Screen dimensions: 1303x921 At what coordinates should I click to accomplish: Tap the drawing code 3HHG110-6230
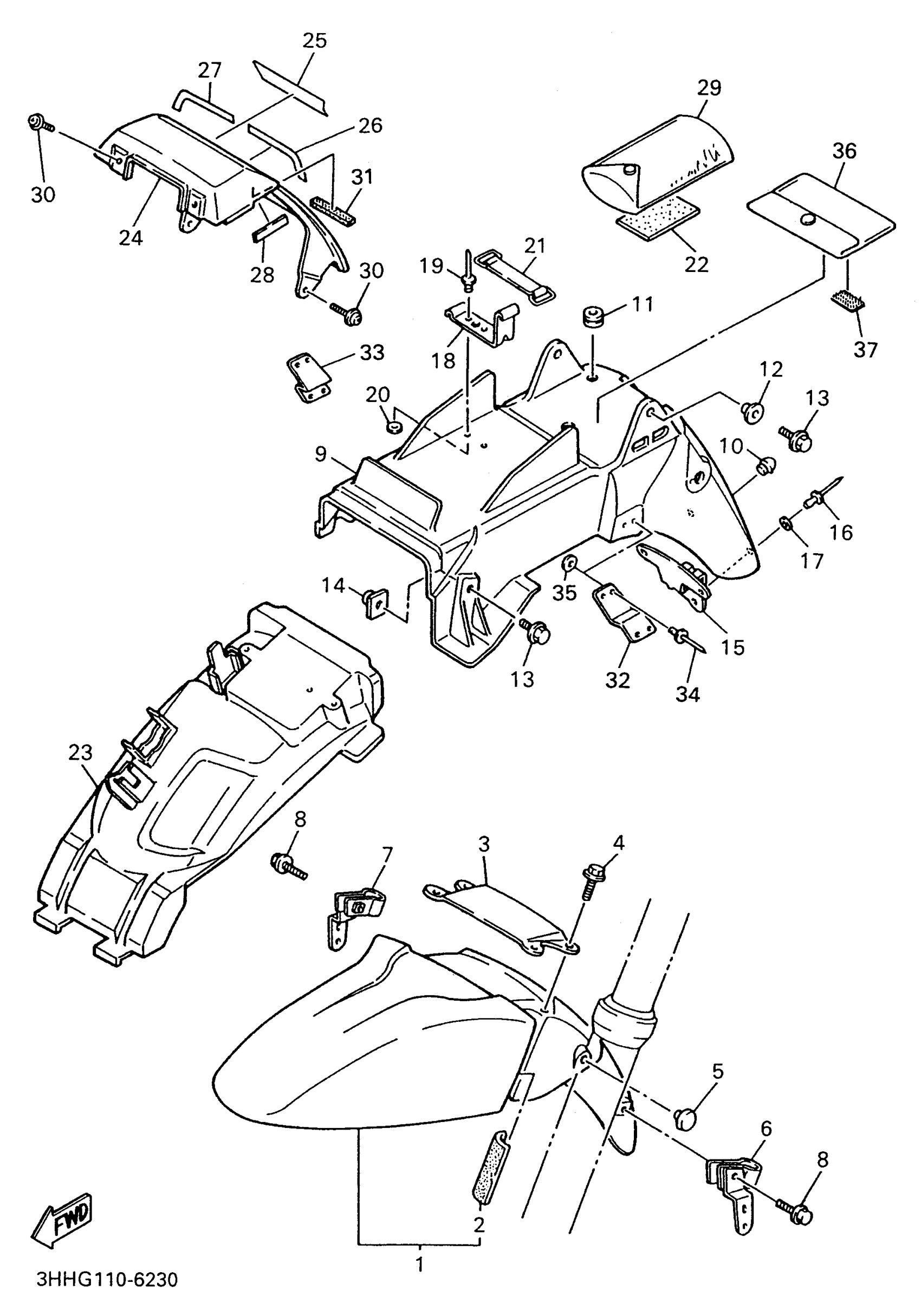tap(107, 1280)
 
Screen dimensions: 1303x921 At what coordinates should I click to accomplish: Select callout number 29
tap(709, 88)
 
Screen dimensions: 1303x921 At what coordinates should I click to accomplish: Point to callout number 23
tap(80, 753)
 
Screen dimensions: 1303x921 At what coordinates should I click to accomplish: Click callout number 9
tap(321, 454)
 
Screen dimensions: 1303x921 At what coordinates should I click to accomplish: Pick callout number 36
tap(845, 151)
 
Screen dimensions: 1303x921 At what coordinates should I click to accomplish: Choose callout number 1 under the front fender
tap(420, 1265)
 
